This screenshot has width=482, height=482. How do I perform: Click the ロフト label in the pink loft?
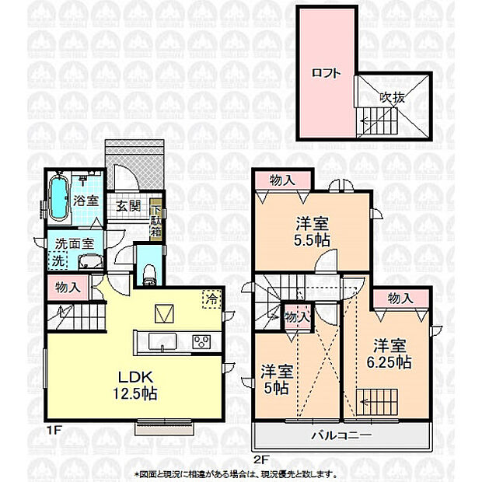(x=326, y=74)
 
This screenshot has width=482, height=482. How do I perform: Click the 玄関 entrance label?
(x=128, y=207)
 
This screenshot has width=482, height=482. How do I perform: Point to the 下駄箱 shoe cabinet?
(x=156, y=220)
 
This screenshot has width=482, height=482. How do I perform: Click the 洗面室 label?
(x=73, y=243)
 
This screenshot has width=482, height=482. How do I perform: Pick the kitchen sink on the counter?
(x=160, y=341)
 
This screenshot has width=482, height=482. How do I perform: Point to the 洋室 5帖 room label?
(x=277, y=378)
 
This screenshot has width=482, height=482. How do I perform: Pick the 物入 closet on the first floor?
(x=68, y=287)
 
